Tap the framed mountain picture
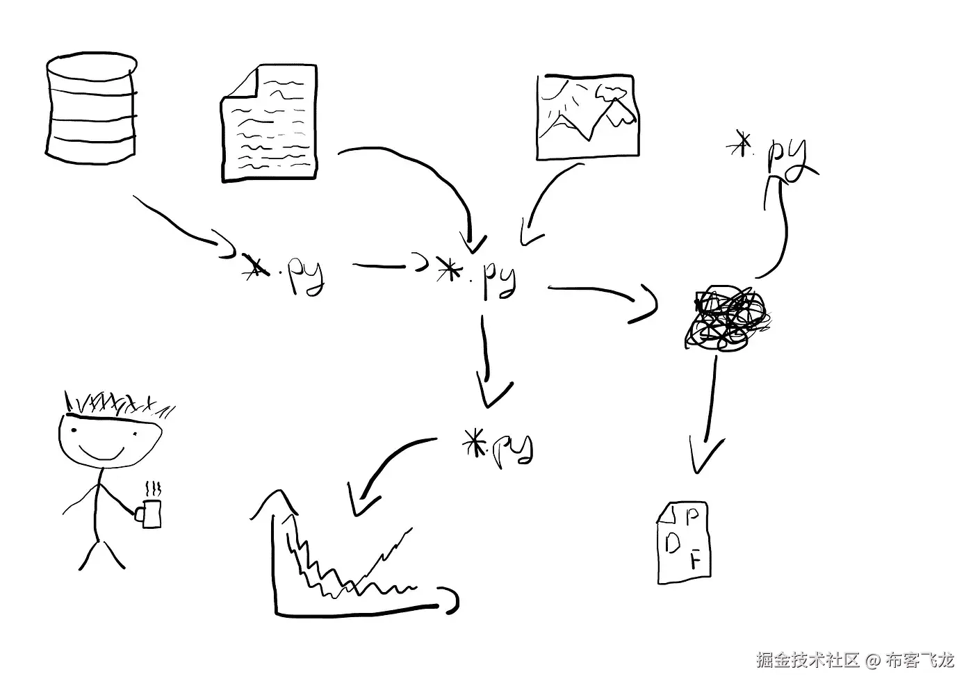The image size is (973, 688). tap(588, 116)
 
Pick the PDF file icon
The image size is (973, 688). tap(683, 542)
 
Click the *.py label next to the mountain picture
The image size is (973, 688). tap(771, 153)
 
